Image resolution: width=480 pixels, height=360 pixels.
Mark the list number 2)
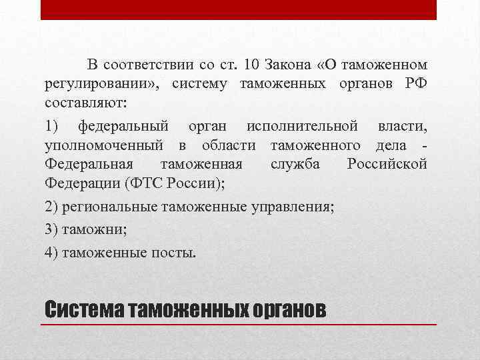[52, 207]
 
